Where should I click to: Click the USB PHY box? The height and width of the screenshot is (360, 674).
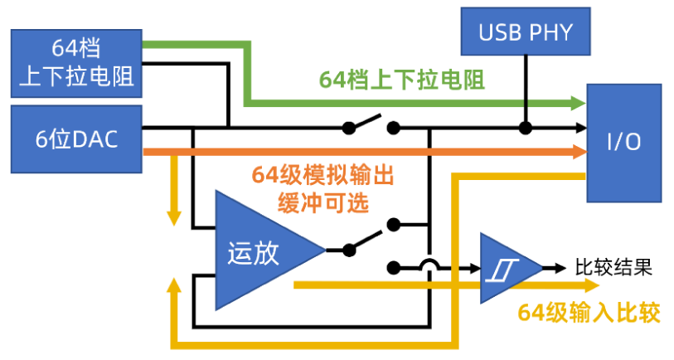click(524, 33)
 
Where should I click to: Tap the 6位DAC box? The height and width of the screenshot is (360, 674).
click(75, 138)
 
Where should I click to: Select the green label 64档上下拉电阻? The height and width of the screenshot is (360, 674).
click(402, 80)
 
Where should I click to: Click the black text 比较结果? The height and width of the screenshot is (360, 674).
click(613, 267)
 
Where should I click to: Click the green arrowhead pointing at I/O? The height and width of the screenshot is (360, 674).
click(578, 103)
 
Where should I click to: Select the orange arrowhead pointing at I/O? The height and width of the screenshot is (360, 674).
click(578, 152)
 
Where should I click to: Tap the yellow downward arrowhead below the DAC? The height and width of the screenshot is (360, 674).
click(174, 218)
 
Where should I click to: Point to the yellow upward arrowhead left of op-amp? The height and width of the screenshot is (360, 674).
click(174, 285)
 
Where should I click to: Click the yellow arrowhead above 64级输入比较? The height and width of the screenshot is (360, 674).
click(590, 285)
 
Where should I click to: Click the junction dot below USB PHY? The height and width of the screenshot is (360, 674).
click(524, 128)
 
